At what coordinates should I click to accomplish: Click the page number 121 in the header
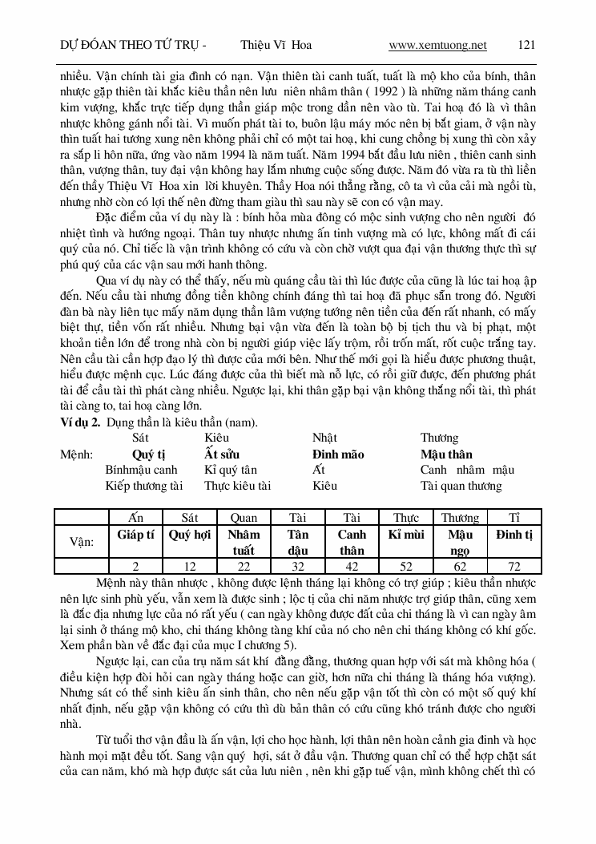(526, 45)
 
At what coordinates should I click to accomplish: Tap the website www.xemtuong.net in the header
(437, 45)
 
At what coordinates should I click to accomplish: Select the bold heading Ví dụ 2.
(78, 422)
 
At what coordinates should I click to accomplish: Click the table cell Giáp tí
(135, 535)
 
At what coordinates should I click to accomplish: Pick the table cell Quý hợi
(190, 535)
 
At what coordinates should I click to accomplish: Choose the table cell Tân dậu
(298, 542)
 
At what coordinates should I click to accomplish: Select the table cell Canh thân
(352, 542)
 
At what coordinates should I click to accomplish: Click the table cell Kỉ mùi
(406, 535)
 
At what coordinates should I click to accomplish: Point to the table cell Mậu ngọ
(460, 542)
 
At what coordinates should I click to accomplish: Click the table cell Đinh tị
(513, 535)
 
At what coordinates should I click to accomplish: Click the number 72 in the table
(513, 566)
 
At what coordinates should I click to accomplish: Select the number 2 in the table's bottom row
(135, 566)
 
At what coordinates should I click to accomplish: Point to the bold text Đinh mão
(338, 454)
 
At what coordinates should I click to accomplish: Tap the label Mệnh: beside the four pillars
(78, 454)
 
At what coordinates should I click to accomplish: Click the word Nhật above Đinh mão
(324, 438)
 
